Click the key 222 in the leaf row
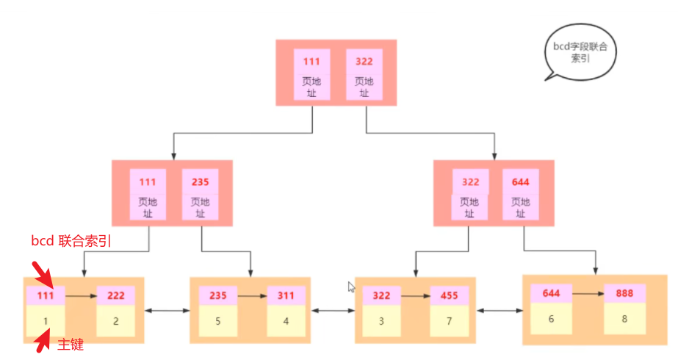116,295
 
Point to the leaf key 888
625,293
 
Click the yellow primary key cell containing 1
46,321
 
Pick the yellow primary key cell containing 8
625,319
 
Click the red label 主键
71,344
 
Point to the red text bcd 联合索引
71,240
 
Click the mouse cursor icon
352,287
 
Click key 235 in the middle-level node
200,181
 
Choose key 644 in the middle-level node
521,181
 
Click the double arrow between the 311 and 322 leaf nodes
333,312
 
